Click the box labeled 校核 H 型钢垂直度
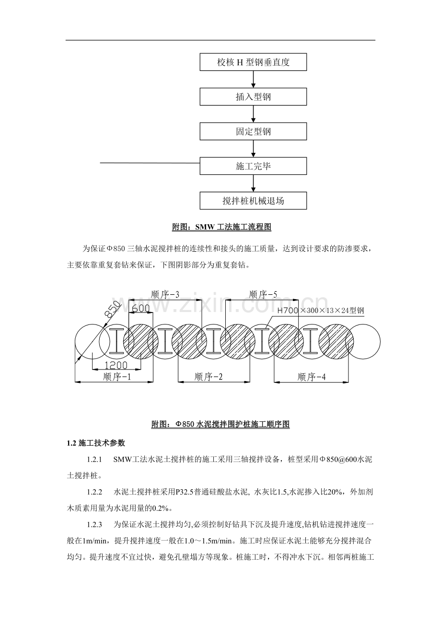tap(253, 62)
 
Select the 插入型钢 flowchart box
tap(253, 97)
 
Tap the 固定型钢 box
tap(253, 131)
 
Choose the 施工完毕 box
tap(253, 166)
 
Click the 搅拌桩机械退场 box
tap(253, 200)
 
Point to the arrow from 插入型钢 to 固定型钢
tap(253, 114)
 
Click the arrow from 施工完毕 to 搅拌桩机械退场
tap(253, 183)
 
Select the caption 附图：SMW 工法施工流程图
tap(222, 227)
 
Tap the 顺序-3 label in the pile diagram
tap(165, 294)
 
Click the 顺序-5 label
tap(263, 294)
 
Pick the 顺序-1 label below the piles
tap(117, 377)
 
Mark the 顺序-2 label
tap(209, 377)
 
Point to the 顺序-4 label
tap(312, 377)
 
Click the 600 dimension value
tap(140, 308)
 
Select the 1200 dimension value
tap(116, 365)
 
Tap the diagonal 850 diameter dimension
tap(113, 309)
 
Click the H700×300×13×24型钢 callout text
tap(320, 311)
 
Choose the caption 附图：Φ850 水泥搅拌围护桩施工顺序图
tap(220, 424)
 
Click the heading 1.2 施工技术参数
tap(96, 443)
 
